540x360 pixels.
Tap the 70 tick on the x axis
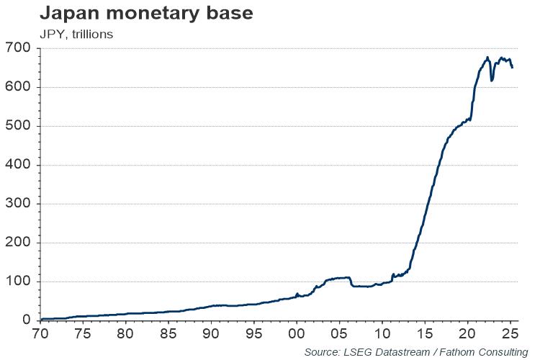(41, 334)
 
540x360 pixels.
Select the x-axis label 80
(126, 334)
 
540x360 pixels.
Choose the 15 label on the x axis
(425, 334)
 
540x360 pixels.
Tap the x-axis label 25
(510, 334)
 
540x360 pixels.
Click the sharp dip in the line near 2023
(492, 80)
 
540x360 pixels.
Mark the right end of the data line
(512, 68)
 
